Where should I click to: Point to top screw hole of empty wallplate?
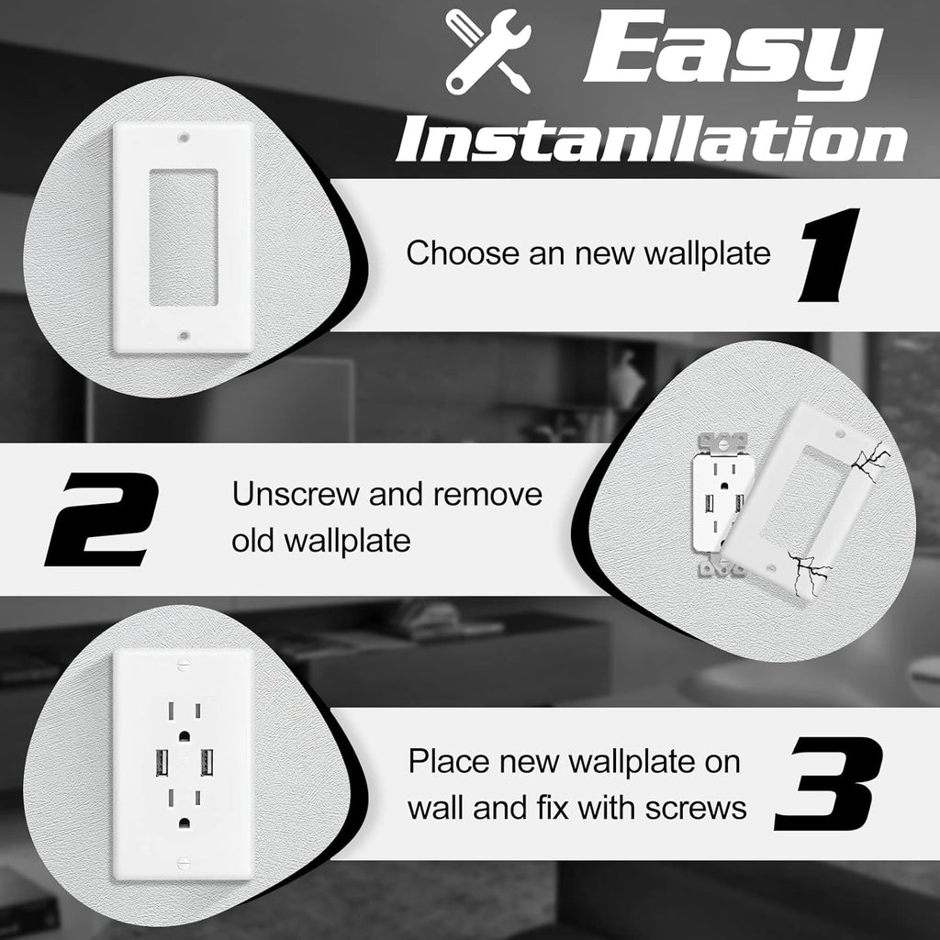183,140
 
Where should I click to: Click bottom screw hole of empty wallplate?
183,336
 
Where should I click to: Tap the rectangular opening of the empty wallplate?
183,237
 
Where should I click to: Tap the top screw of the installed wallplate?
184,658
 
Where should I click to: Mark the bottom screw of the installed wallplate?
184,862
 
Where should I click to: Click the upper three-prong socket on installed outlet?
184,716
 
